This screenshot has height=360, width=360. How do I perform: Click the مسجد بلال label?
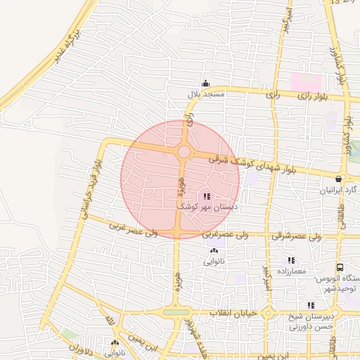coord(205,94)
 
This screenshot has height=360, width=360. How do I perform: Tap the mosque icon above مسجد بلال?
coord(205,83)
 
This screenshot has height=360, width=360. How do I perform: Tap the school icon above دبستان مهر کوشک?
coord(206,196)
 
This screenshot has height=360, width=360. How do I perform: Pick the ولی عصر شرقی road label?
coord(319,237)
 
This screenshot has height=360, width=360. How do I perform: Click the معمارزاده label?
coord(290,271)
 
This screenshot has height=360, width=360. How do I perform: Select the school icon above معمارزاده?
coord(290,260)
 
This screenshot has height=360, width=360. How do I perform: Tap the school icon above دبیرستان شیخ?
coord(310,305)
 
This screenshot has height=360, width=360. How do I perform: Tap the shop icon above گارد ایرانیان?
coord(340,179)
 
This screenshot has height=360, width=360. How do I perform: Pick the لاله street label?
coord(108,323)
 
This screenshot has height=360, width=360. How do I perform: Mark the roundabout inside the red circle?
coord(184,152)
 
